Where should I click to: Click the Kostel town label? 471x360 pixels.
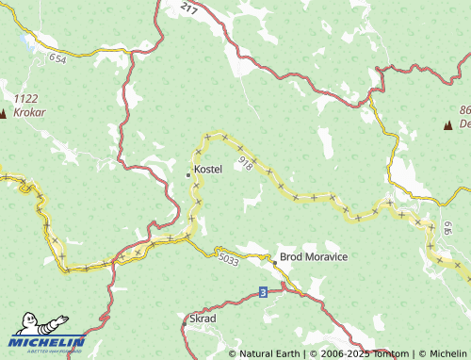pyautogui.click(x=208, y=171)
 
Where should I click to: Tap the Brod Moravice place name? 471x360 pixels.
pyautogui.click(x=314, y=257)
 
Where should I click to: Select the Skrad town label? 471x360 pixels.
pyautogui.click(x=203, y=319)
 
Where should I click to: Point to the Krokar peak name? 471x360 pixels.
pyautogui.click(x=30, y=111)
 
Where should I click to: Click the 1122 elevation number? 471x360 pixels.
pyautogui.click(x=26, y=98)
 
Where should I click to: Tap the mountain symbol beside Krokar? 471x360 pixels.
pyautogui.click(x=3, y=114)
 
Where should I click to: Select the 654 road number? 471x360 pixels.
pyautogui.click(x=58, y=58)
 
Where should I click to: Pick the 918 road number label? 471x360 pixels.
pyautogui.click(x=246, y=163)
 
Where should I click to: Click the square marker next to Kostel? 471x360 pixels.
pyautogui.click(x=188, y=172)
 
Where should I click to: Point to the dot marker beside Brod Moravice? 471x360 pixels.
pyautogui.click(x=274, y=257)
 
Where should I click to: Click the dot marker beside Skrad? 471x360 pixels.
pyautogui.click(x=186, y=319)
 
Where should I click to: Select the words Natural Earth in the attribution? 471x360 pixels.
pyautogui.click(x=267, y=353)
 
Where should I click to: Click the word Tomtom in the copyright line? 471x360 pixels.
pyautogui.click(x=389, y=353)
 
